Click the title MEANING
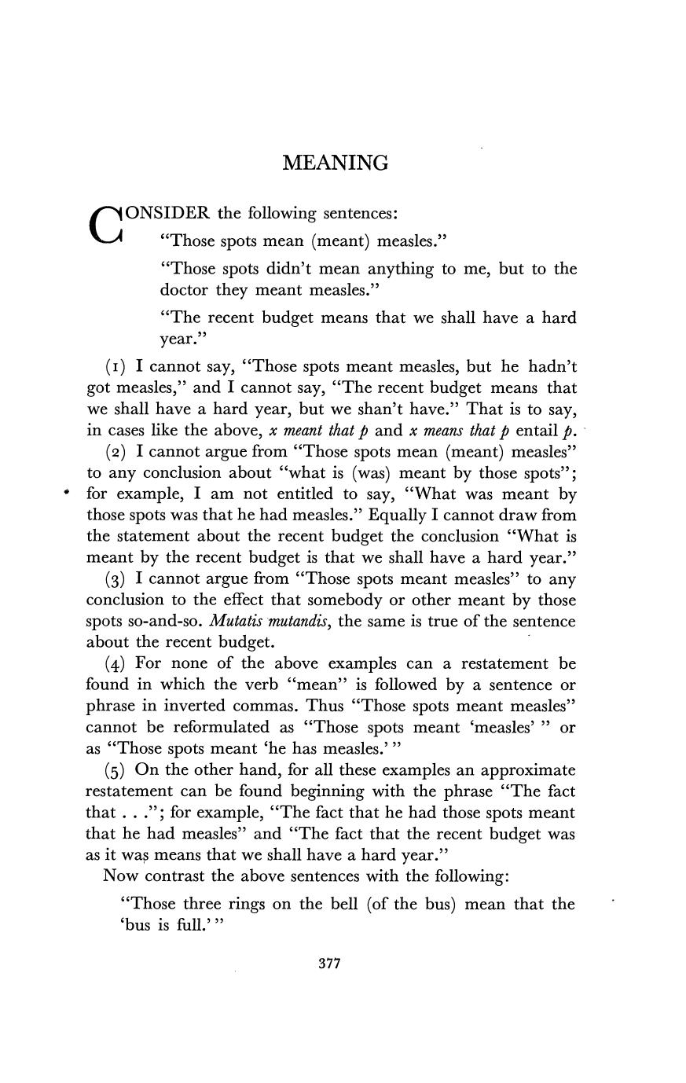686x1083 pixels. (x=336, y=163)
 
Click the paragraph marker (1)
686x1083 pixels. (x=116, y=367)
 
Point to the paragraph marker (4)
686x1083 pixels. (x=116, y=664)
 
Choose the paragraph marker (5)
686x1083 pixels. (x=116, y=770)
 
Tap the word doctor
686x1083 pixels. (x=184, y=290)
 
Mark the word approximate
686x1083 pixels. (x=527, y=770)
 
